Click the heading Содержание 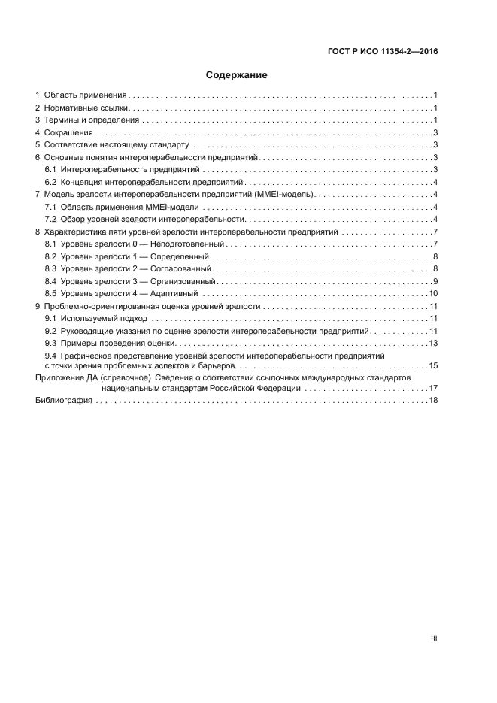tap(237, 75)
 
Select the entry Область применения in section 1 tap(85, 96)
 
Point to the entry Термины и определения tap(92, 120)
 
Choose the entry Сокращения tap(68, 133)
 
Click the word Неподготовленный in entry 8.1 tap(188, 245)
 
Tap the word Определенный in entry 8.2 tap(182, 257)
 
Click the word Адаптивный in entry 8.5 tap(176, 293)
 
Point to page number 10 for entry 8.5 tap(433, 293)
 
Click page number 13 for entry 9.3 tap(433, 343)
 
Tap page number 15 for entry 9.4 tap(433, 366)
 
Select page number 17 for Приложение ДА tap(433, 389)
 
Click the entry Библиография tap(64, 401)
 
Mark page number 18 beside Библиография tap(433, 401)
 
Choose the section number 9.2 tap(50, 331)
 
